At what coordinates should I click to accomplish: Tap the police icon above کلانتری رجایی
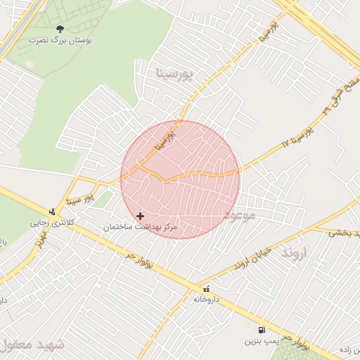pos(51,211)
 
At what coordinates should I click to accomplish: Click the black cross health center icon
pos(141,216)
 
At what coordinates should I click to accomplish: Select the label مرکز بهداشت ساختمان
pos(141,227)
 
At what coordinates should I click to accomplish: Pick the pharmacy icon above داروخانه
pos(206,288)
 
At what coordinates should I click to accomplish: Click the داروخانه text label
pos(206,299)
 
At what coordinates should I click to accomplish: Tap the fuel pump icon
pos(262,330)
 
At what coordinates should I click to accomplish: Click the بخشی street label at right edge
pos(345,231)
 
